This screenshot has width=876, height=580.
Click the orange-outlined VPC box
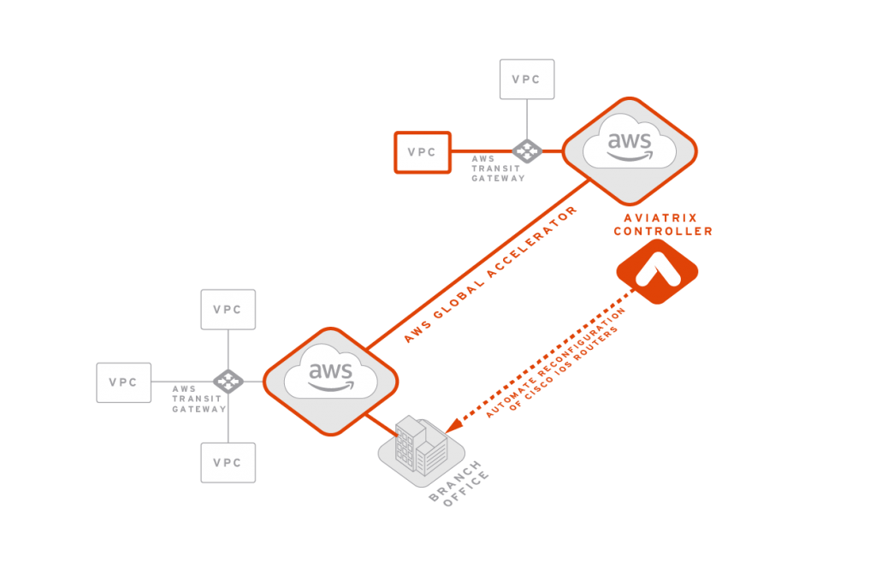tap(422, 151)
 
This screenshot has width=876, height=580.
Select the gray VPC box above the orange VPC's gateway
tap(526, 79)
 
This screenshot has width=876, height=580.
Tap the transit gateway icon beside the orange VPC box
tap(527, 151)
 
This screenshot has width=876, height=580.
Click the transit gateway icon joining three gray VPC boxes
tap(228, 382)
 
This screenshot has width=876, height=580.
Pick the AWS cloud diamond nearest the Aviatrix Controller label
tap(630, 151)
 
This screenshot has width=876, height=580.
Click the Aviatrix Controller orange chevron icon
tap(657, 271)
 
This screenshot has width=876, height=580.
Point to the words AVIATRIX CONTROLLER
tap(663, 225)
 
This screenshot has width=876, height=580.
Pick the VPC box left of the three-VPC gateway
tap(124, 382)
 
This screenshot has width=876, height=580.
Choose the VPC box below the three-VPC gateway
tap(228, 463)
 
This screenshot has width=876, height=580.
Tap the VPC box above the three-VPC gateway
tap(228, 310)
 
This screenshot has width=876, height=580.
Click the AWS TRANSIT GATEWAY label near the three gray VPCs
tap(198, 399)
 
